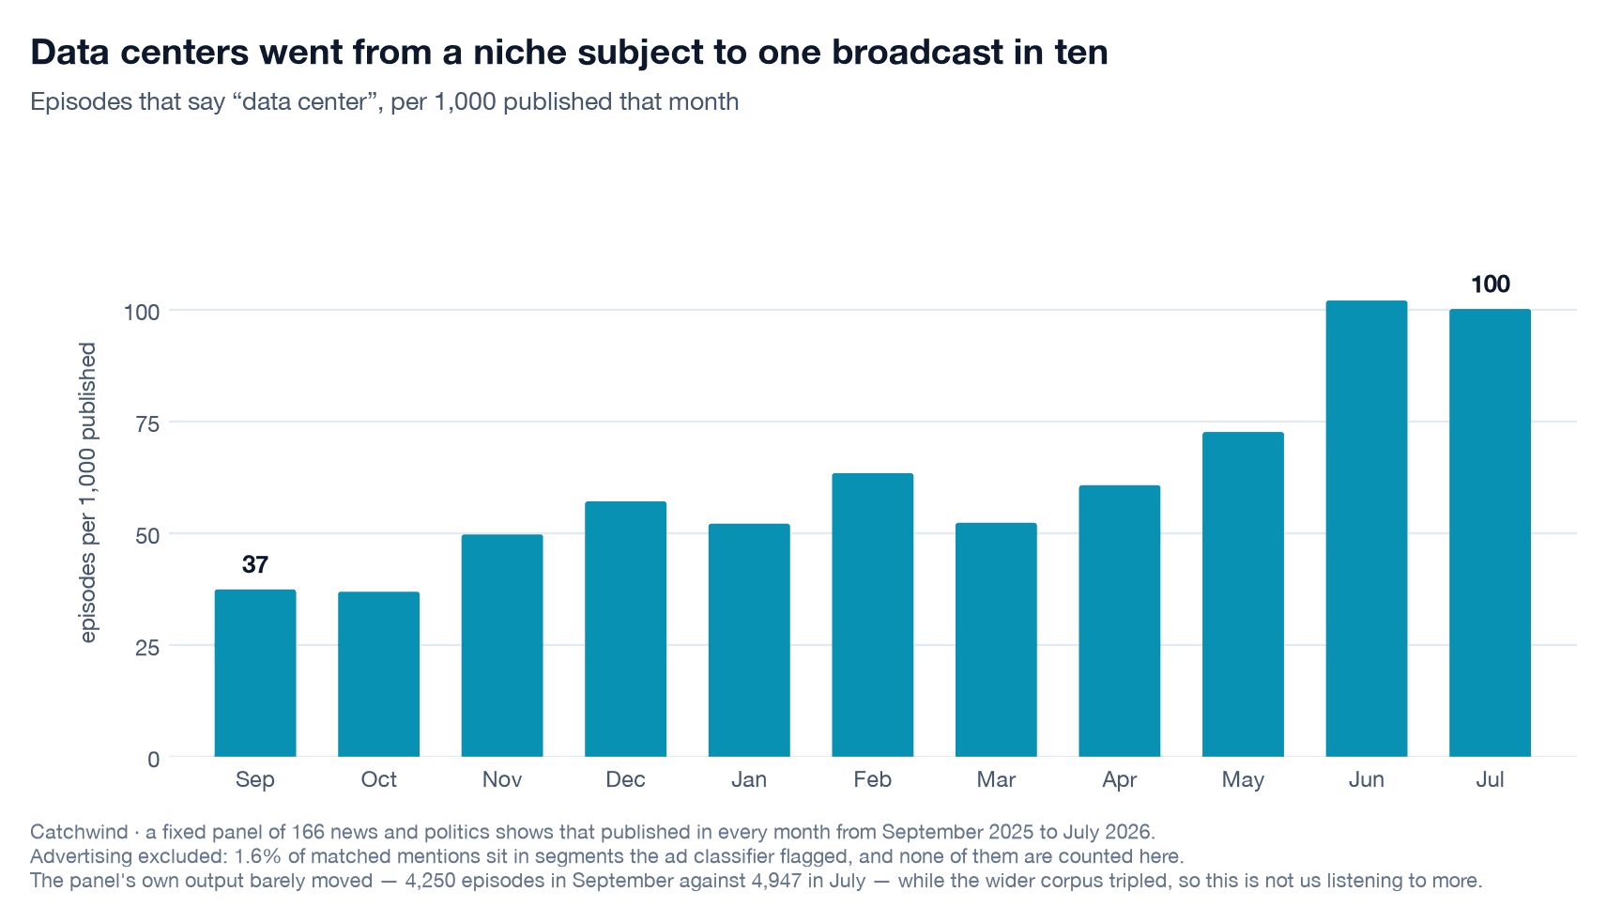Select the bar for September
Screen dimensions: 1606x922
point(255,673)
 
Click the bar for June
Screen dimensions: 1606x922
point(1367,529)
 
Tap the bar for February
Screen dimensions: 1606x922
point(873,615)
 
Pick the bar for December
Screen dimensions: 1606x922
point(625,629)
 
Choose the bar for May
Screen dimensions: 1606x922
point(1243,594)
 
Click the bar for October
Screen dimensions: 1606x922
point(378,674)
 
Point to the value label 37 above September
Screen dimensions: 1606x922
point(255,565)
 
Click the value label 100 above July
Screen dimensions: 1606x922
point(1491,284)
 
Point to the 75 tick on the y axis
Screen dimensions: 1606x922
point(147,423)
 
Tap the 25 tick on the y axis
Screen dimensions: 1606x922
point(147,648)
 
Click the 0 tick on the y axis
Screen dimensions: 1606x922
point(153,760)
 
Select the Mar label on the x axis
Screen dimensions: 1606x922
point(996,779)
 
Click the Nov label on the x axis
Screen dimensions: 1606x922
point(502,779)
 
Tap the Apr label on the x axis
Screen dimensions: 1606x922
point(1119,780)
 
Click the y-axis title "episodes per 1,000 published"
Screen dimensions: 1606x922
point(87,493)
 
